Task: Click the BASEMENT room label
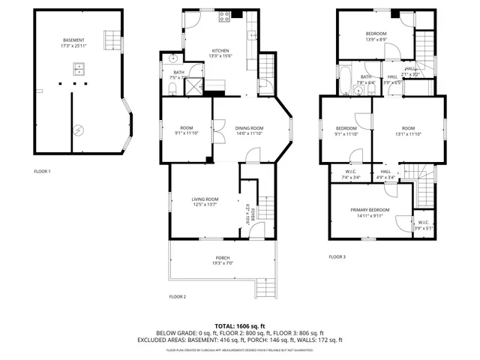[x=73, y=40]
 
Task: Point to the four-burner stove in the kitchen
[x=224, y=16]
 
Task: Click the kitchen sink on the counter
[x=250, y=33]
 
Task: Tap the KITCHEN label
[x=219, y=50]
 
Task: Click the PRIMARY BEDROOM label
[x=370, y=210]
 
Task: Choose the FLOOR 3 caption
[x=337, y=256]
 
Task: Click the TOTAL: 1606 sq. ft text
[x=240, y=325]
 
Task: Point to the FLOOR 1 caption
[x=42, y=172]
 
